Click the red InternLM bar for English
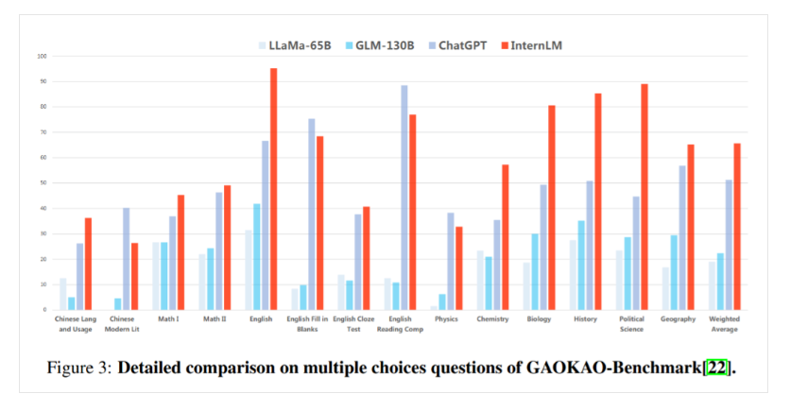pyautogui.click(x=273, y=189)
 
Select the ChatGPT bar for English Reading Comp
pyautogui.click(x=404, y=197)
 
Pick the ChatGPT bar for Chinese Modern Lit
pyautogui.click(x=126, y=259)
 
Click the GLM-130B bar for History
pyautogui.click(x=581, y=265)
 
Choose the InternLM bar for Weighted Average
pyautogui.click(x=737, y=227)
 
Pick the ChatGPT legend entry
pyautogui.click(x=460, y=44)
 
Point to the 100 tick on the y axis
pyautogui.click(x=42, y=56)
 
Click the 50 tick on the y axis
pyautogui.click(x=42, y=183)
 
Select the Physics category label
pyautogui.click(x=446, y=318)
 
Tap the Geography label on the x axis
pyautogui.click(x=678, y=318)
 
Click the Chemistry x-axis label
pyautogui.click(x=492, y=318)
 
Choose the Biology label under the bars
pyautogui.click(x=539, y=318)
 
